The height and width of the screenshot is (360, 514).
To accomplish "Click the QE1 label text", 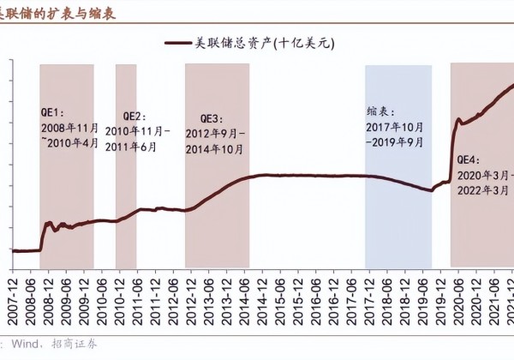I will (x=53, y=112).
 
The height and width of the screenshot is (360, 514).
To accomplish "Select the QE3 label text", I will (x=212, y=118).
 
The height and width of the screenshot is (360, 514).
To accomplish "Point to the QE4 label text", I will (x=468, y=159).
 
